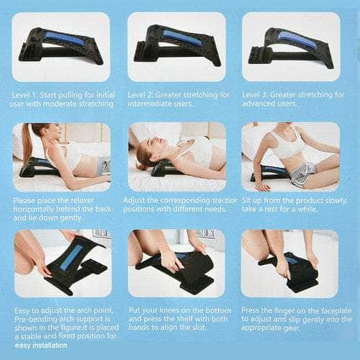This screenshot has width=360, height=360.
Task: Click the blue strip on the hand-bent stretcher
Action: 71,258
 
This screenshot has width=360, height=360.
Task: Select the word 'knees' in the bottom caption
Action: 169,310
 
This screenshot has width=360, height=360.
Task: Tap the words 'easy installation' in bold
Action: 41,346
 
